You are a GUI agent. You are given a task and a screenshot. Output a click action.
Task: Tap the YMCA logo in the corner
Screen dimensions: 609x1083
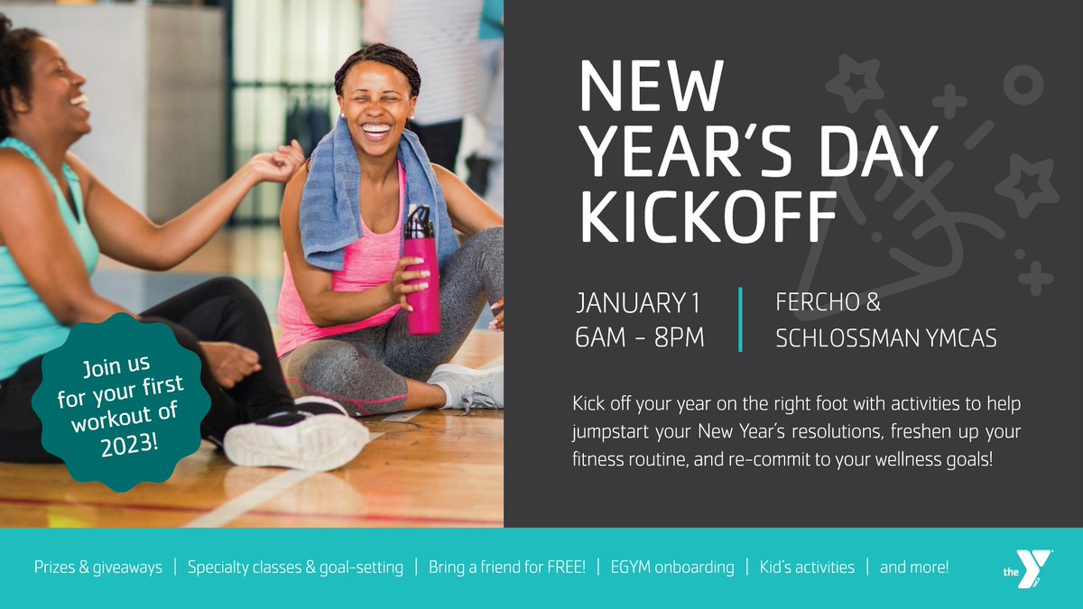pos(1028,569)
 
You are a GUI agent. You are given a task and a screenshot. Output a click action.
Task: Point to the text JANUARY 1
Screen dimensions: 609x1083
pos(637,302)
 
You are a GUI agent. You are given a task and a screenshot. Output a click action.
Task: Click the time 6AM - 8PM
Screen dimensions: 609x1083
pos(639,338)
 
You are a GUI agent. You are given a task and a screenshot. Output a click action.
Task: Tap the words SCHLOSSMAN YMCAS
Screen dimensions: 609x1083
pos(885,338)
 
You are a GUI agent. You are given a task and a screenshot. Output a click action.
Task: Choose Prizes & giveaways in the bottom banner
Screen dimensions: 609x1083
pos(98,567)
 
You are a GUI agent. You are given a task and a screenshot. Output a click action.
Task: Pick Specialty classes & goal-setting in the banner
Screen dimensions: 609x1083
pos(295,567)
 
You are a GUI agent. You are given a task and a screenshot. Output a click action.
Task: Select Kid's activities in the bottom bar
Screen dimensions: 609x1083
pos(807,567)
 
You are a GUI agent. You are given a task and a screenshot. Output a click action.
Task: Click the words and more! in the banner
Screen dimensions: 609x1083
pos(914,567)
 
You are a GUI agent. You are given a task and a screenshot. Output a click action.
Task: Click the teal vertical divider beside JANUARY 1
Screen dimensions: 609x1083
pos(740,319)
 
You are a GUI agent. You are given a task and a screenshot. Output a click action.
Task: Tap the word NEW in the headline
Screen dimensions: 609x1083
pos(650,88)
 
